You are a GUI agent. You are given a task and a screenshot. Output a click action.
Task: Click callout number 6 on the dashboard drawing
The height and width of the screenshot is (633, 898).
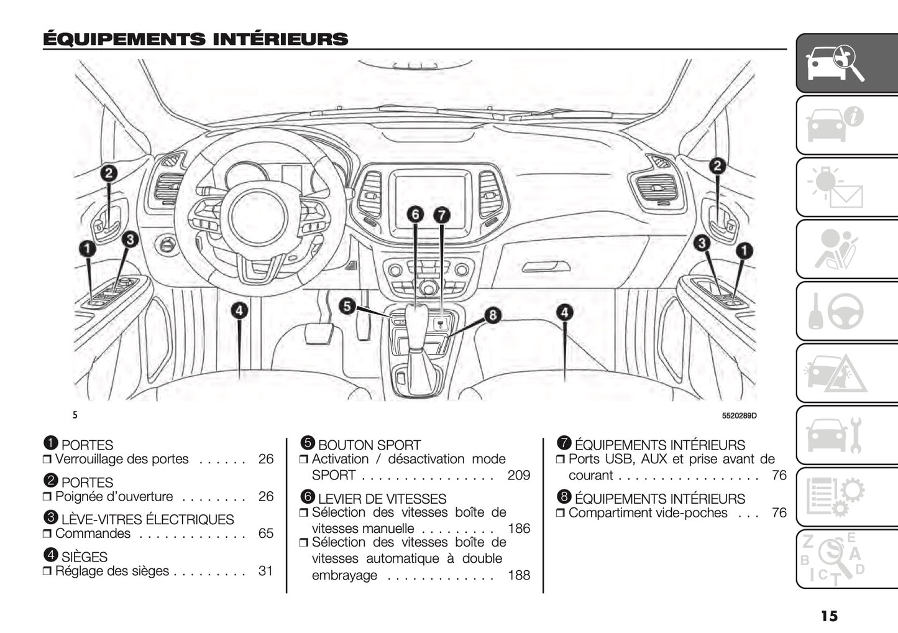click(x=416, y=215)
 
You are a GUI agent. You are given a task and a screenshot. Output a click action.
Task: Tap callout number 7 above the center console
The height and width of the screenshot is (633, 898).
click(x=441, y=215)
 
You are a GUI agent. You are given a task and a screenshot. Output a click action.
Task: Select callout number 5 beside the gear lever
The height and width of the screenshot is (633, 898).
click(x=347, y=305)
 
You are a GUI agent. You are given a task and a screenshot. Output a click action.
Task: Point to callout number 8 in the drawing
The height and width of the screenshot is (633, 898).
click(x=492, y=315)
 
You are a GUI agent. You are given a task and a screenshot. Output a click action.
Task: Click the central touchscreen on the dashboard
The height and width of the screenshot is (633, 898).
click(x=429, y=197)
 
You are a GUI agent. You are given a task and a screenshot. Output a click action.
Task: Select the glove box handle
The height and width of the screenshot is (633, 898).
click(x=546, y=267)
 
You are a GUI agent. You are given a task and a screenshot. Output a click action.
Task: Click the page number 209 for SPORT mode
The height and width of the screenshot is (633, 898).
click(x=518, y=476)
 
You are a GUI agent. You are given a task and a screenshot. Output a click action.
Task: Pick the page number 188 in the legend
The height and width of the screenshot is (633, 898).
click(x=518, y=575)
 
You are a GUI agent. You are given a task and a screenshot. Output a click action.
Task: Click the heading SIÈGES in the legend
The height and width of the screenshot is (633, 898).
click(x=85, y=557)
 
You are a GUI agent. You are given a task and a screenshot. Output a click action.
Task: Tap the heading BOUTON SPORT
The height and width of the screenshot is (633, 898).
click(x=369, y=445)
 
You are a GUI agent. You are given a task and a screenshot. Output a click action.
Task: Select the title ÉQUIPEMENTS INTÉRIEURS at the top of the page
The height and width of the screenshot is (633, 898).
click(x=195, y=39)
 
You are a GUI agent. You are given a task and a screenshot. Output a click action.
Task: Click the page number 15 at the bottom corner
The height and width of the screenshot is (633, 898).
click(x=828, y=616)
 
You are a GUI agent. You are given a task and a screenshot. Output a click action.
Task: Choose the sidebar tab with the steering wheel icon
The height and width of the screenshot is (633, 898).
click(x=847, y=311)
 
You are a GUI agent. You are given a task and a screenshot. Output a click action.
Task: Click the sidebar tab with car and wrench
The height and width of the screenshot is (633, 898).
click(x=847, y=435)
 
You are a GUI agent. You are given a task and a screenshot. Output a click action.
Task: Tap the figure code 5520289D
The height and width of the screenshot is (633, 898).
click(x=739, y=415)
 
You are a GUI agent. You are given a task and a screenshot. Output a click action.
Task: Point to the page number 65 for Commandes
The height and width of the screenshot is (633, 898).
click(x=265, y=534)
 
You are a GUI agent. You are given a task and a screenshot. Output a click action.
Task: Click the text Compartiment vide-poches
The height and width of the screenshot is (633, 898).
click(x=648, y=513)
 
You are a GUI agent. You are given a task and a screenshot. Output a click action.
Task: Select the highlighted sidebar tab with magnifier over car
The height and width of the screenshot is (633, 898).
click(x=847, y=63)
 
